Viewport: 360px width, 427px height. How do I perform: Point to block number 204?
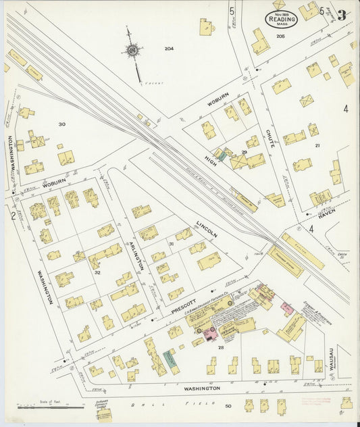[x=169, y=48]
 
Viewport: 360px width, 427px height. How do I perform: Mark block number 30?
[x=62, y=124]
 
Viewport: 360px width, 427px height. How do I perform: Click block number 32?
[x=97, y=272]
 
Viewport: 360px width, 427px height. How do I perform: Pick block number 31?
[x=172, y=243]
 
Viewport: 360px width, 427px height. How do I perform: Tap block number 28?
[x=221, y=346]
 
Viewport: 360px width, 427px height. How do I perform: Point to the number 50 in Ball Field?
[x=228, y=405]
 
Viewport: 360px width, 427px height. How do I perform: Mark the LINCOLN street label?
[x=207, y=229]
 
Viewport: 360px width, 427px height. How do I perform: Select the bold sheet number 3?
[x=342, y=14]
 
